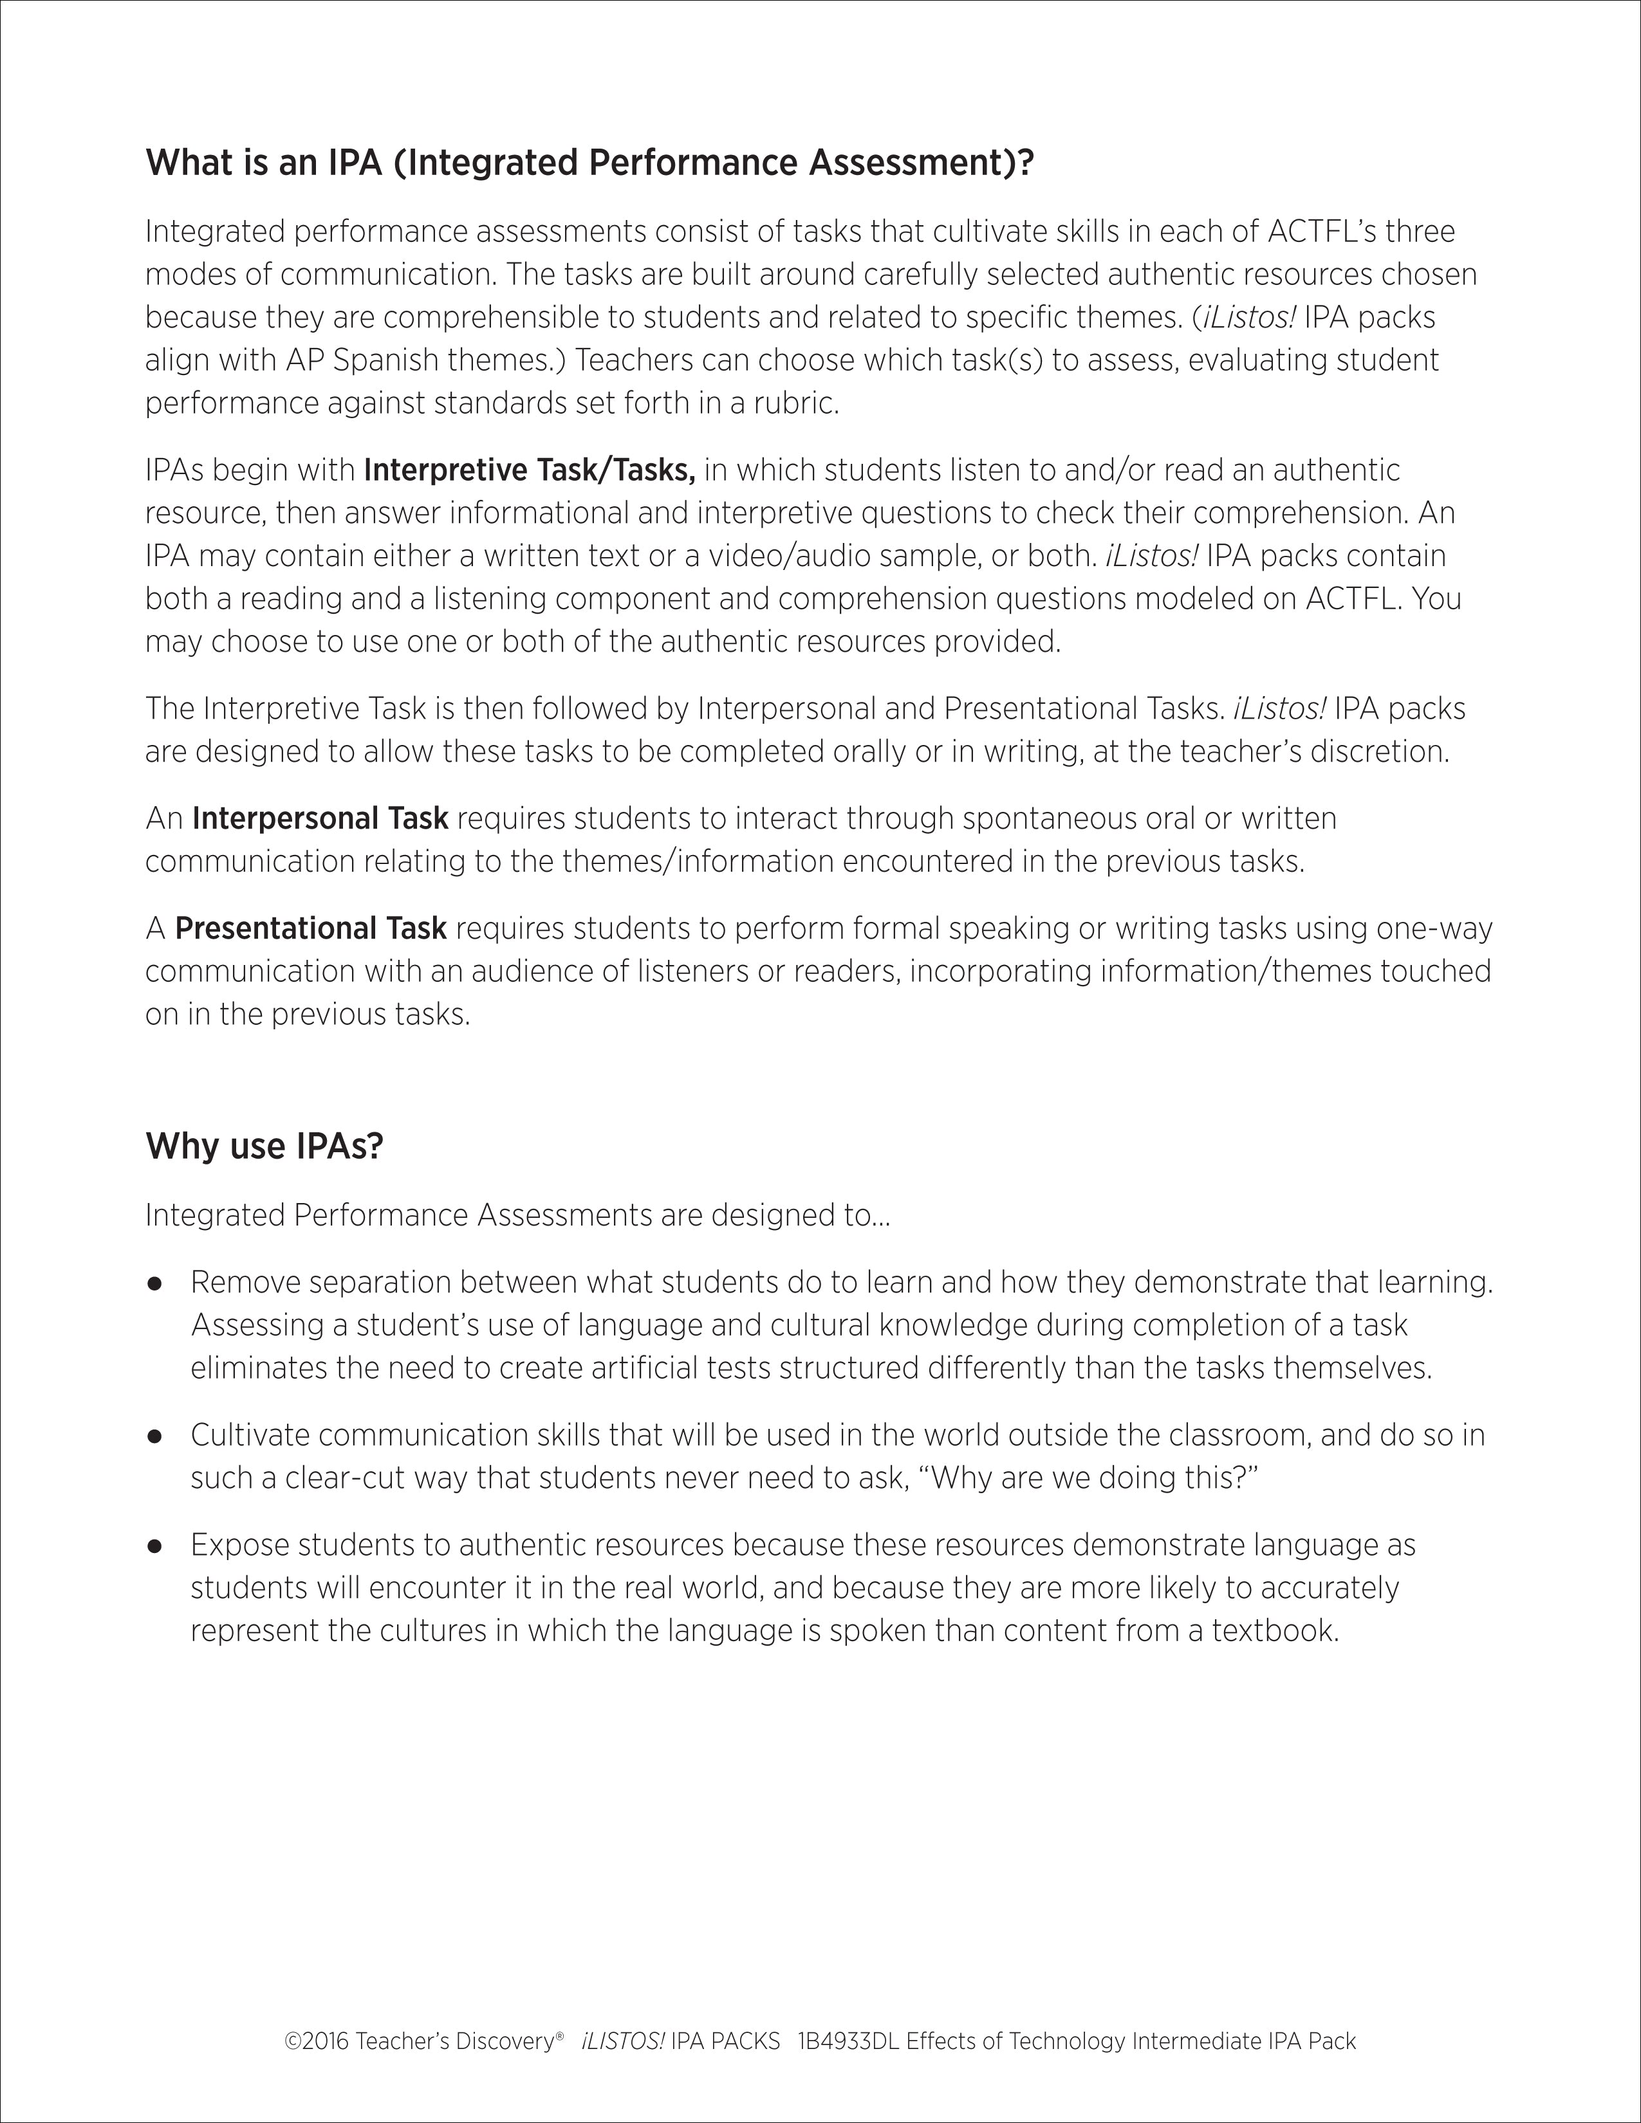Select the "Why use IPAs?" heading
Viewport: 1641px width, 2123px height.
pos(264,1146)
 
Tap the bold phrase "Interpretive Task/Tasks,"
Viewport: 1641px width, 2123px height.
pos(529,470)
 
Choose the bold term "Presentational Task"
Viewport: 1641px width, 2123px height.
pos(310,928)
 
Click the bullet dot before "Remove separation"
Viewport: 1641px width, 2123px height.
pos(154,1284)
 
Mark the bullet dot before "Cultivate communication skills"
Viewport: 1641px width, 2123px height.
pos(154,1437)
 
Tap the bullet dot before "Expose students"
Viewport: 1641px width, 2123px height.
pos(154,1545)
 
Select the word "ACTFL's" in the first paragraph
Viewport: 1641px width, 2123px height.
pos(1322,232)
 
